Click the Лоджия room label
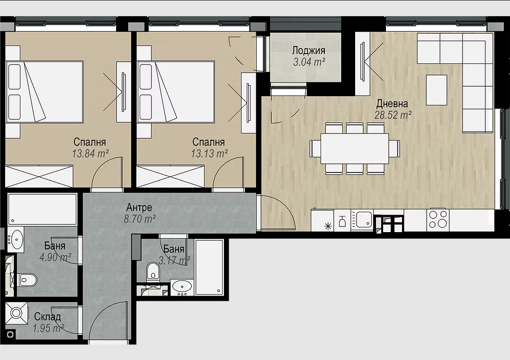tap(308, 51)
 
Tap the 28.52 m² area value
tap(393, 115)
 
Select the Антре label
tap(139, 207)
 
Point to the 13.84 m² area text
tap(90, 153)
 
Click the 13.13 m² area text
tap(209, 153)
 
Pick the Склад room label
tap(47, 317)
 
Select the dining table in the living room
tap(355, 148)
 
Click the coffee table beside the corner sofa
tap(437, 90)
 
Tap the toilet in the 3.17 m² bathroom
tap(152, 270)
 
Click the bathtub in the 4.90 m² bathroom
tap(42, 209)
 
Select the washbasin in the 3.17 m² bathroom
tap(182, 287)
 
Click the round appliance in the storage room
tap(16, 313)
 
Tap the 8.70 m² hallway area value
tap(140, 219)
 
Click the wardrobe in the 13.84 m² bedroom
tap(39, 177)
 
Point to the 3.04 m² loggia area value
tap(309, 62)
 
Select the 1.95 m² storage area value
tap(48, 328)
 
